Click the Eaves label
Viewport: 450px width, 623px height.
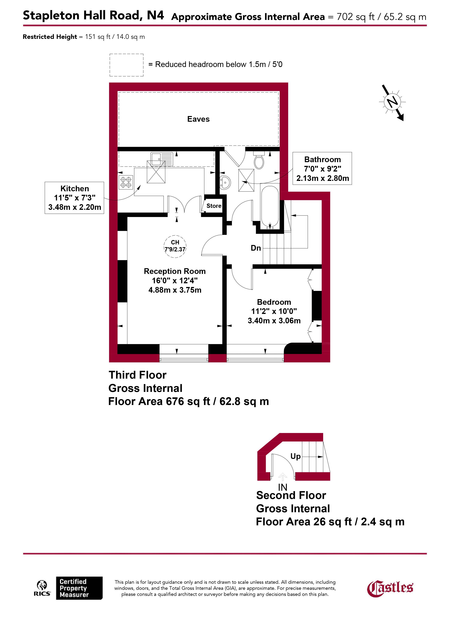coord(198,119)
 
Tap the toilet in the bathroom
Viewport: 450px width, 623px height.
coord(259,161)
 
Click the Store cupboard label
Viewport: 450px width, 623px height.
coord(214,206)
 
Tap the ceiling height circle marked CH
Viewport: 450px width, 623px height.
coord(175,246)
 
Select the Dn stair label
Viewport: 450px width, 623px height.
coord(256,248)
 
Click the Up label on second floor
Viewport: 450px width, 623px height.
coord(295,456)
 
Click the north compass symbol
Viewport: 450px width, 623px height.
coord(392,102)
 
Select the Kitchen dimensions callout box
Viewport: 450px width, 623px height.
coord(74,198)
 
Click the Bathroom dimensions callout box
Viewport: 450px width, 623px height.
coord(322,168)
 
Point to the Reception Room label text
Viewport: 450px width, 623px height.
coord(175,271)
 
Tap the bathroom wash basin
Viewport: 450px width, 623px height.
coord(225,182)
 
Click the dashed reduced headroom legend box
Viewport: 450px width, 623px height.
coord(126,65)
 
